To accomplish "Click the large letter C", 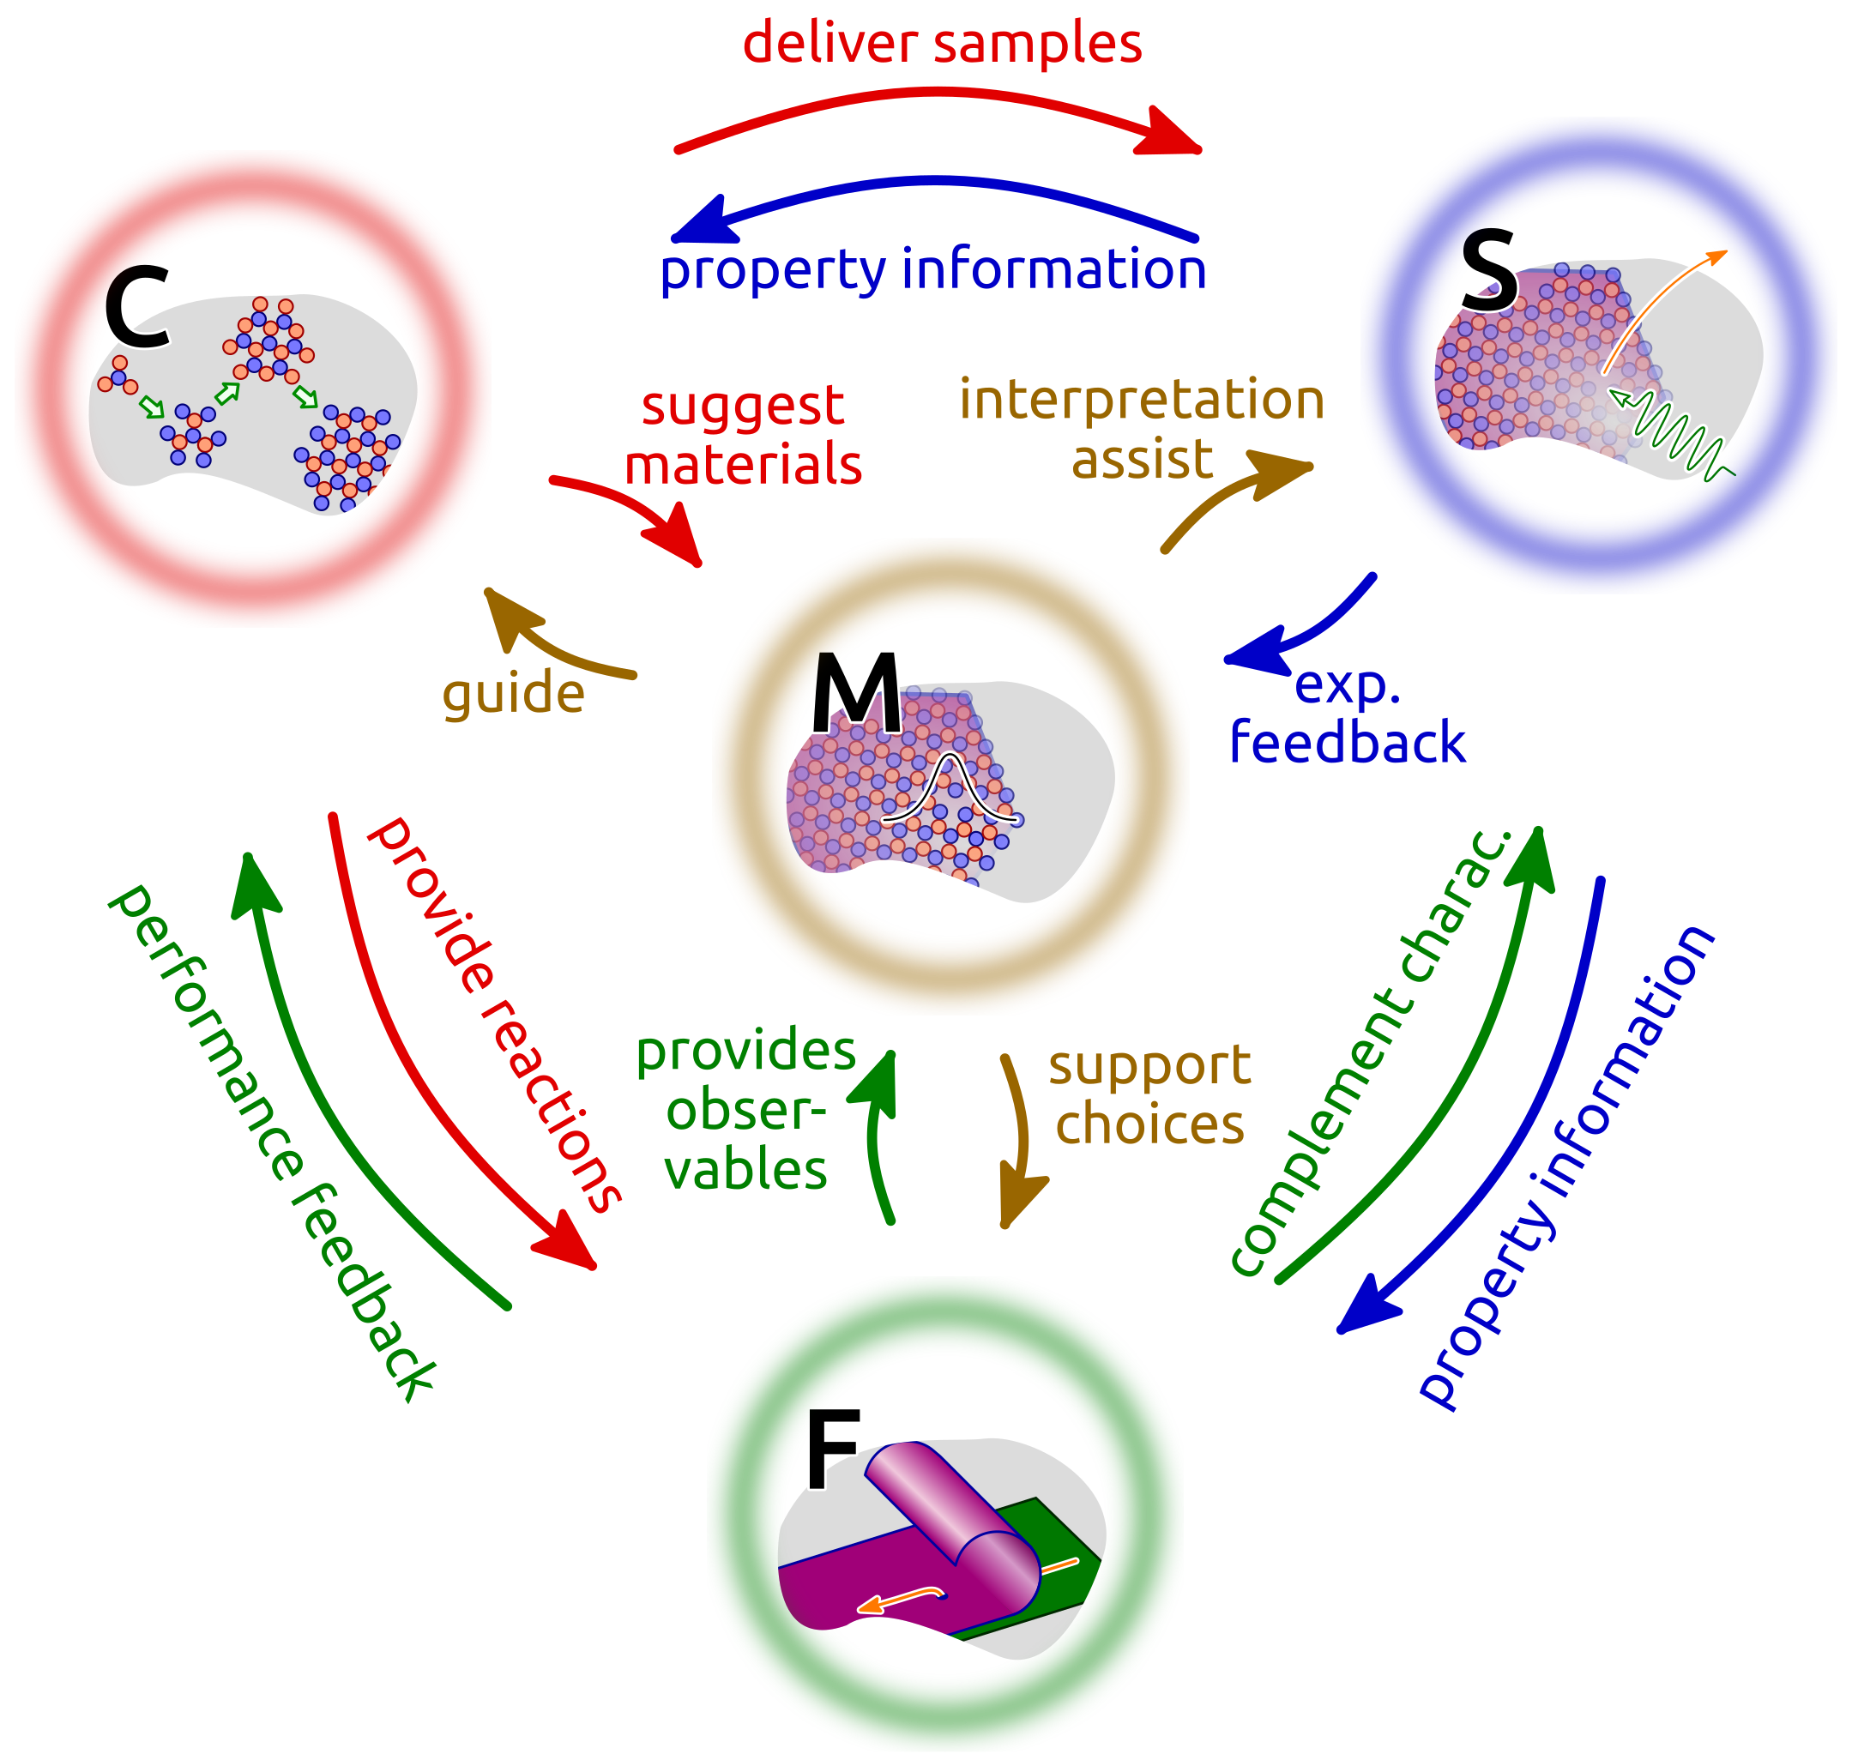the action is pyautogui.click(x=137, y=307).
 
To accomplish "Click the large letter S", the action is pyautogui.click(x=1489, y=271).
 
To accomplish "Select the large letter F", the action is pyautogui.click(x=832, y=1451).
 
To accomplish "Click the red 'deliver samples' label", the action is pyautogui.click(x=942, y=43).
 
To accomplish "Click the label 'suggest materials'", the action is pyautogui.click(x=743, y=436).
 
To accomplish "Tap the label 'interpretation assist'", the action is pyautogui.click(x=1142, y=429).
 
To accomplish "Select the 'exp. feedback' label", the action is pyautogui.click(x=1348, y=713).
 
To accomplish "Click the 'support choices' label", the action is pyautogui.click(x=1149, y=1094).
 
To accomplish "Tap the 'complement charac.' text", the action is pyautogui.click(x=1371, y=1052).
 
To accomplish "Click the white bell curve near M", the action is pyautogui.click(x=950, y=789).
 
